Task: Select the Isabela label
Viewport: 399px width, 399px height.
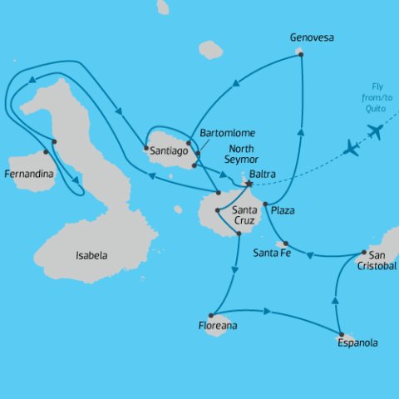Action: (x=91, y=255)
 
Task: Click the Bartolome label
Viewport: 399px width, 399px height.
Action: (x=228, y=133)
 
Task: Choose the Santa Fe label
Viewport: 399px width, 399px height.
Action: (x=272, y=253)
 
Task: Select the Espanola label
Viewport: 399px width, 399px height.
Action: (x=359, y=342)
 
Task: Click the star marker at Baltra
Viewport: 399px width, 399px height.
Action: (x=248, y=184)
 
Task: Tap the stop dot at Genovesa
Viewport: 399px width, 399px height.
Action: (x=300, y=55)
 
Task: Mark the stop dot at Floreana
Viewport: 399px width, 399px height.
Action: (x=211, y=315)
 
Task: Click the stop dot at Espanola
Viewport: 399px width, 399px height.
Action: (x=340, y=335)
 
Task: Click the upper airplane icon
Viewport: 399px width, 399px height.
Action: (x=374, y=131)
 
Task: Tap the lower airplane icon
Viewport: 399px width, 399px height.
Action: (x=352, y=150)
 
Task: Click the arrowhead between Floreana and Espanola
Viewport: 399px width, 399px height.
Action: (x=268, y=312)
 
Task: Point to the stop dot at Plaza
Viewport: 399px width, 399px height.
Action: (x=265, y=204)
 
